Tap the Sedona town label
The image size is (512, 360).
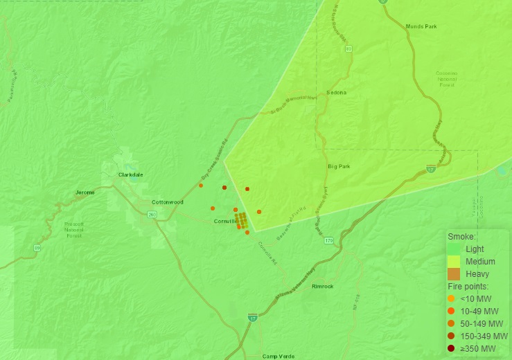(x=336, y=92)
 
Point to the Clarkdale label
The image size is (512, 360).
(x=130, y=174)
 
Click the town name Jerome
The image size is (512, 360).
(x=85, y=192)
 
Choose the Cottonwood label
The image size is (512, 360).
(x=167, y=202)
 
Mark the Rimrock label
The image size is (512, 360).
(x=323, y=286)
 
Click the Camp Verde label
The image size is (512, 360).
(x=278, y=356)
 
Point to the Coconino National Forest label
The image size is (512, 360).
(x=446, y=79)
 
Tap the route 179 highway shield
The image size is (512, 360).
(x=328, y=240)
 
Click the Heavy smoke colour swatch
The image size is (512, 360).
(x=454, y=274)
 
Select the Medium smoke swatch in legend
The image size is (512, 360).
(x=454, y=262)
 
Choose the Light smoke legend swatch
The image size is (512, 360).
(x=454, y=249)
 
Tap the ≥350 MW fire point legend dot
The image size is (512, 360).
(x=451, y=348)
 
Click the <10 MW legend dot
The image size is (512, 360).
(x=451, y=298)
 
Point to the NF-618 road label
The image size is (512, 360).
(x=357, y=302)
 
